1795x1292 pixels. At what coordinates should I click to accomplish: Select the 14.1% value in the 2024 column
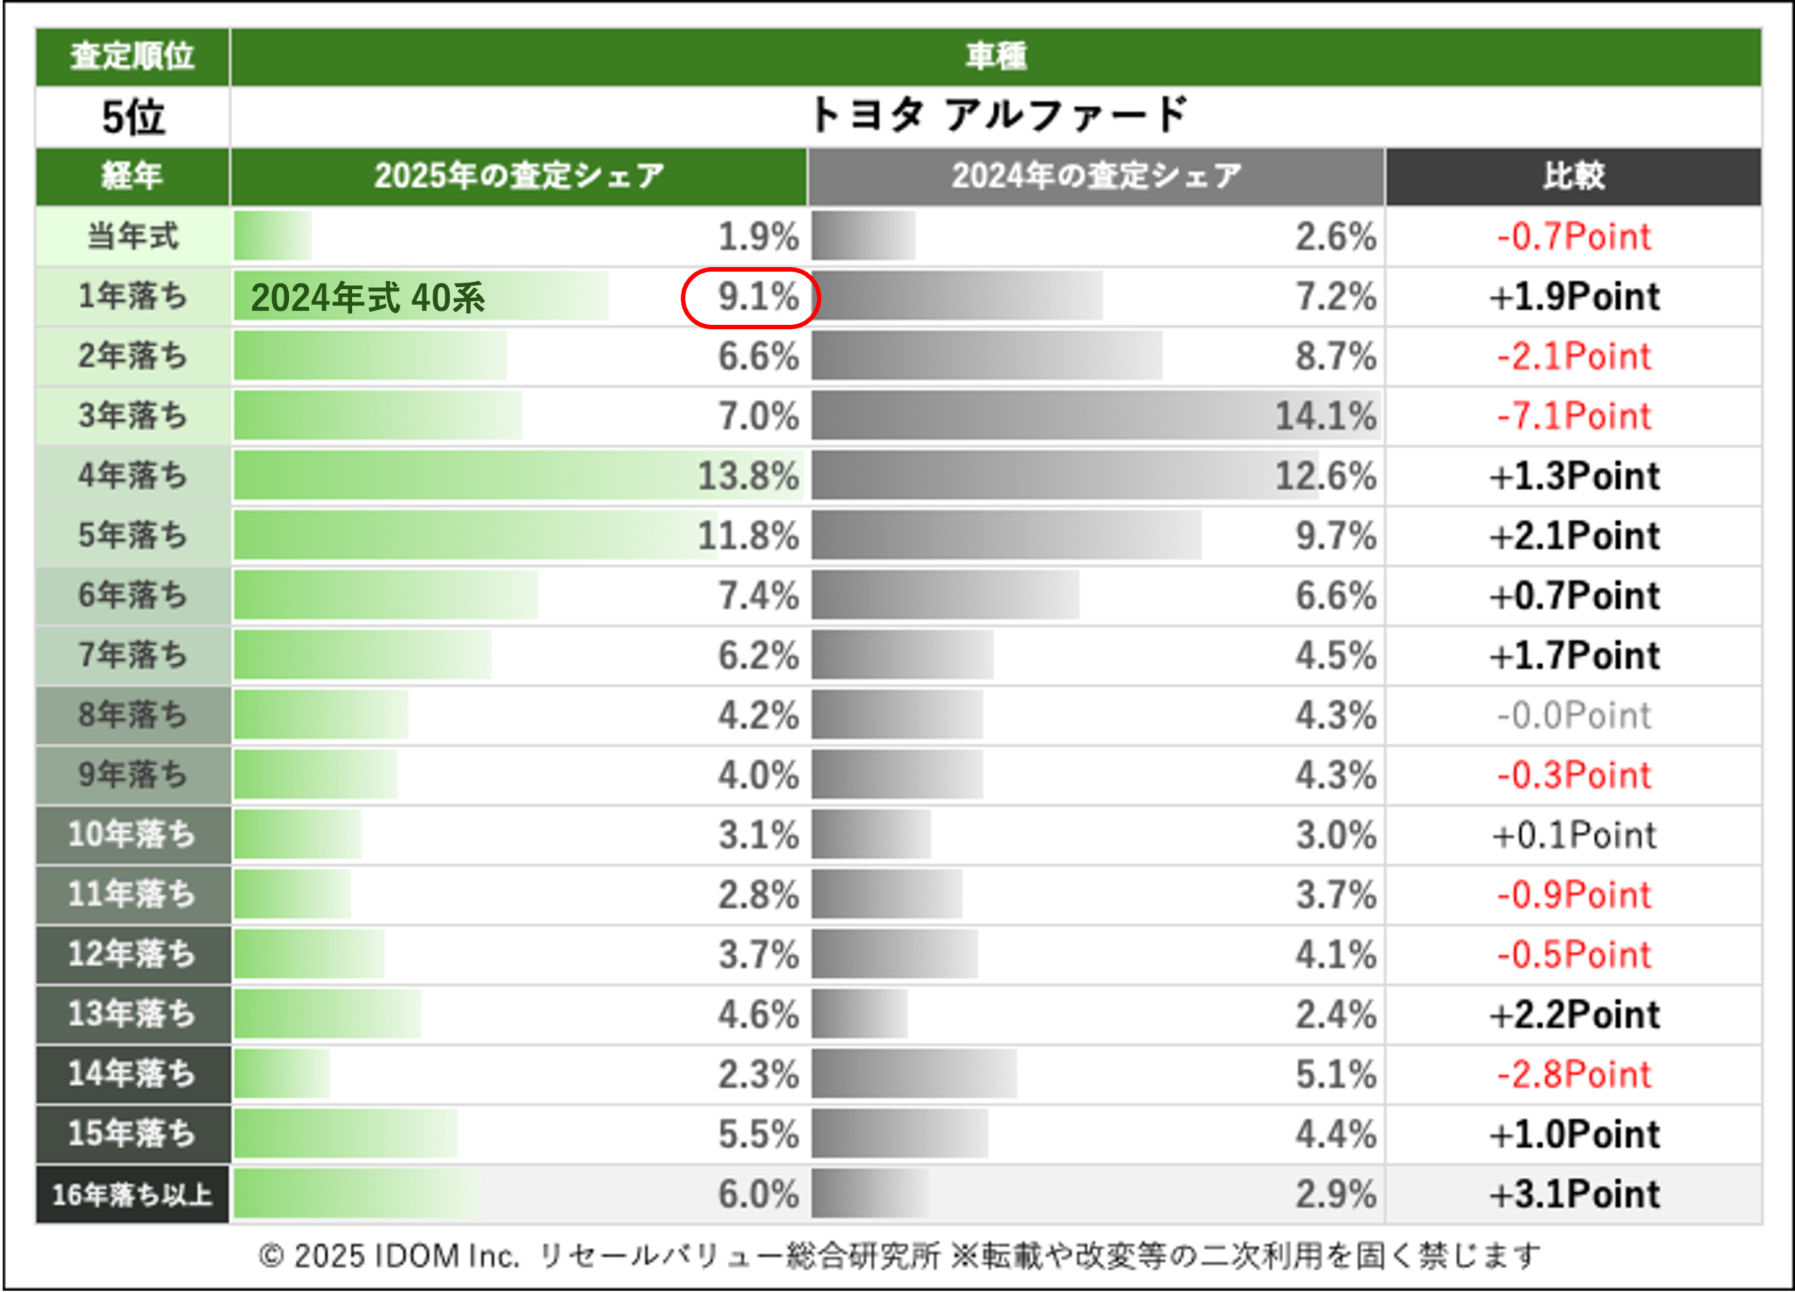point(1325,417)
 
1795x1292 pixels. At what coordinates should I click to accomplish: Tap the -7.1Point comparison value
point(1573,417)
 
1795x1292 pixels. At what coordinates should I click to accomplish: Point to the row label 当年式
point(133,236)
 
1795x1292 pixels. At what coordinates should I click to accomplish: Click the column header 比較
point(1573,176)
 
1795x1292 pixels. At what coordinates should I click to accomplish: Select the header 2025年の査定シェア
point(518,176)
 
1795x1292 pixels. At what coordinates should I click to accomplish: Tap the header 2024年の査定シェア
point(1096,176)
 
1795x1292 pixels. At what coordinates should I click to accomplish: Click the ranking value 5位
point(133,117)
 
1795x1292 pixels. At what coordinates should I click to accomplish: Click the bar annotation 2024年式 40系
point(367,297)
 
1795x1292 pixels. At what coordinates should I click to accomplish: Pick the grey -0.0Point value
point(1573,715)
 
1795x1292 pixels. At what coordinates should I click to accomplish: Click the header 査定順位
point(133,56)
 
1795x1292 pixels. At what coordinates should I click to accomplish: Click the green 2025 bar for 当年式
point(272,236)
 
